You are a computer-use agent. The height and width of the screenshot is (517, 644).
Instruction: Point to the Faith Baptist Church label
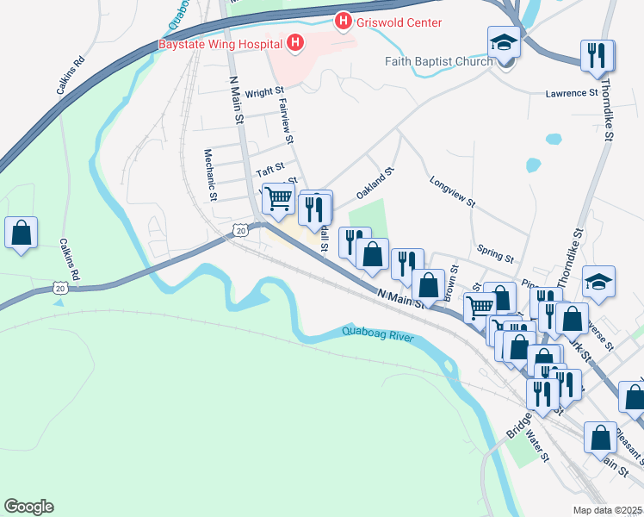coord(439,61)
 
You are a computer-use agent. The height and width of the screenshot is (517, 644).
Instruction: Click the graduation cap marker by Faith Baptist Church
coord(504,42)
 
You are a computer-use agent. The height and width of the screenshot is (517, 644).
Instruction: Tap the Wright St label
coord(264,91)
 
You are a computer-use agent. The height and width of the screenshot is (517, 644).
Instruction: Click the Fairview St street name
coord(288,120)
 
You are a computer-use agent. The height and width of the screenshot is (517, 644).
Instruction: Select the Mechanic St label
coord(209,173)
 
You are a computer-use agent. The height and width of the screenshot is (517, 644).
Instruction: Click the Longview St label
coord(452,191)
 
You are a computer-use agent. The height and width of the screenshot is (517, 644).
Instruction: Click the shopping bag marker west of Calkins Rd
coord(21,233)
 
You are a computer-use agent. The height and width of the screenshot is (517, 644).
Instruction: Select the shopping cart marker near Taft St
coord(278,199)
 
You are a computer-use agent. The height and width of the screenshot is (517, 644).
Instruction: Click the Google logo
coord(28,507)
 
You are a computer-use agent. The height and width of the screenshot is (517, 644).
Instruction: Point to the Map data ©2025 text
coord(607,510)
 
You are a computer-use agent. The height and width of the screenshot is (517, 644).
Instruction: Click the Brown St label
coord(451,287)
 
